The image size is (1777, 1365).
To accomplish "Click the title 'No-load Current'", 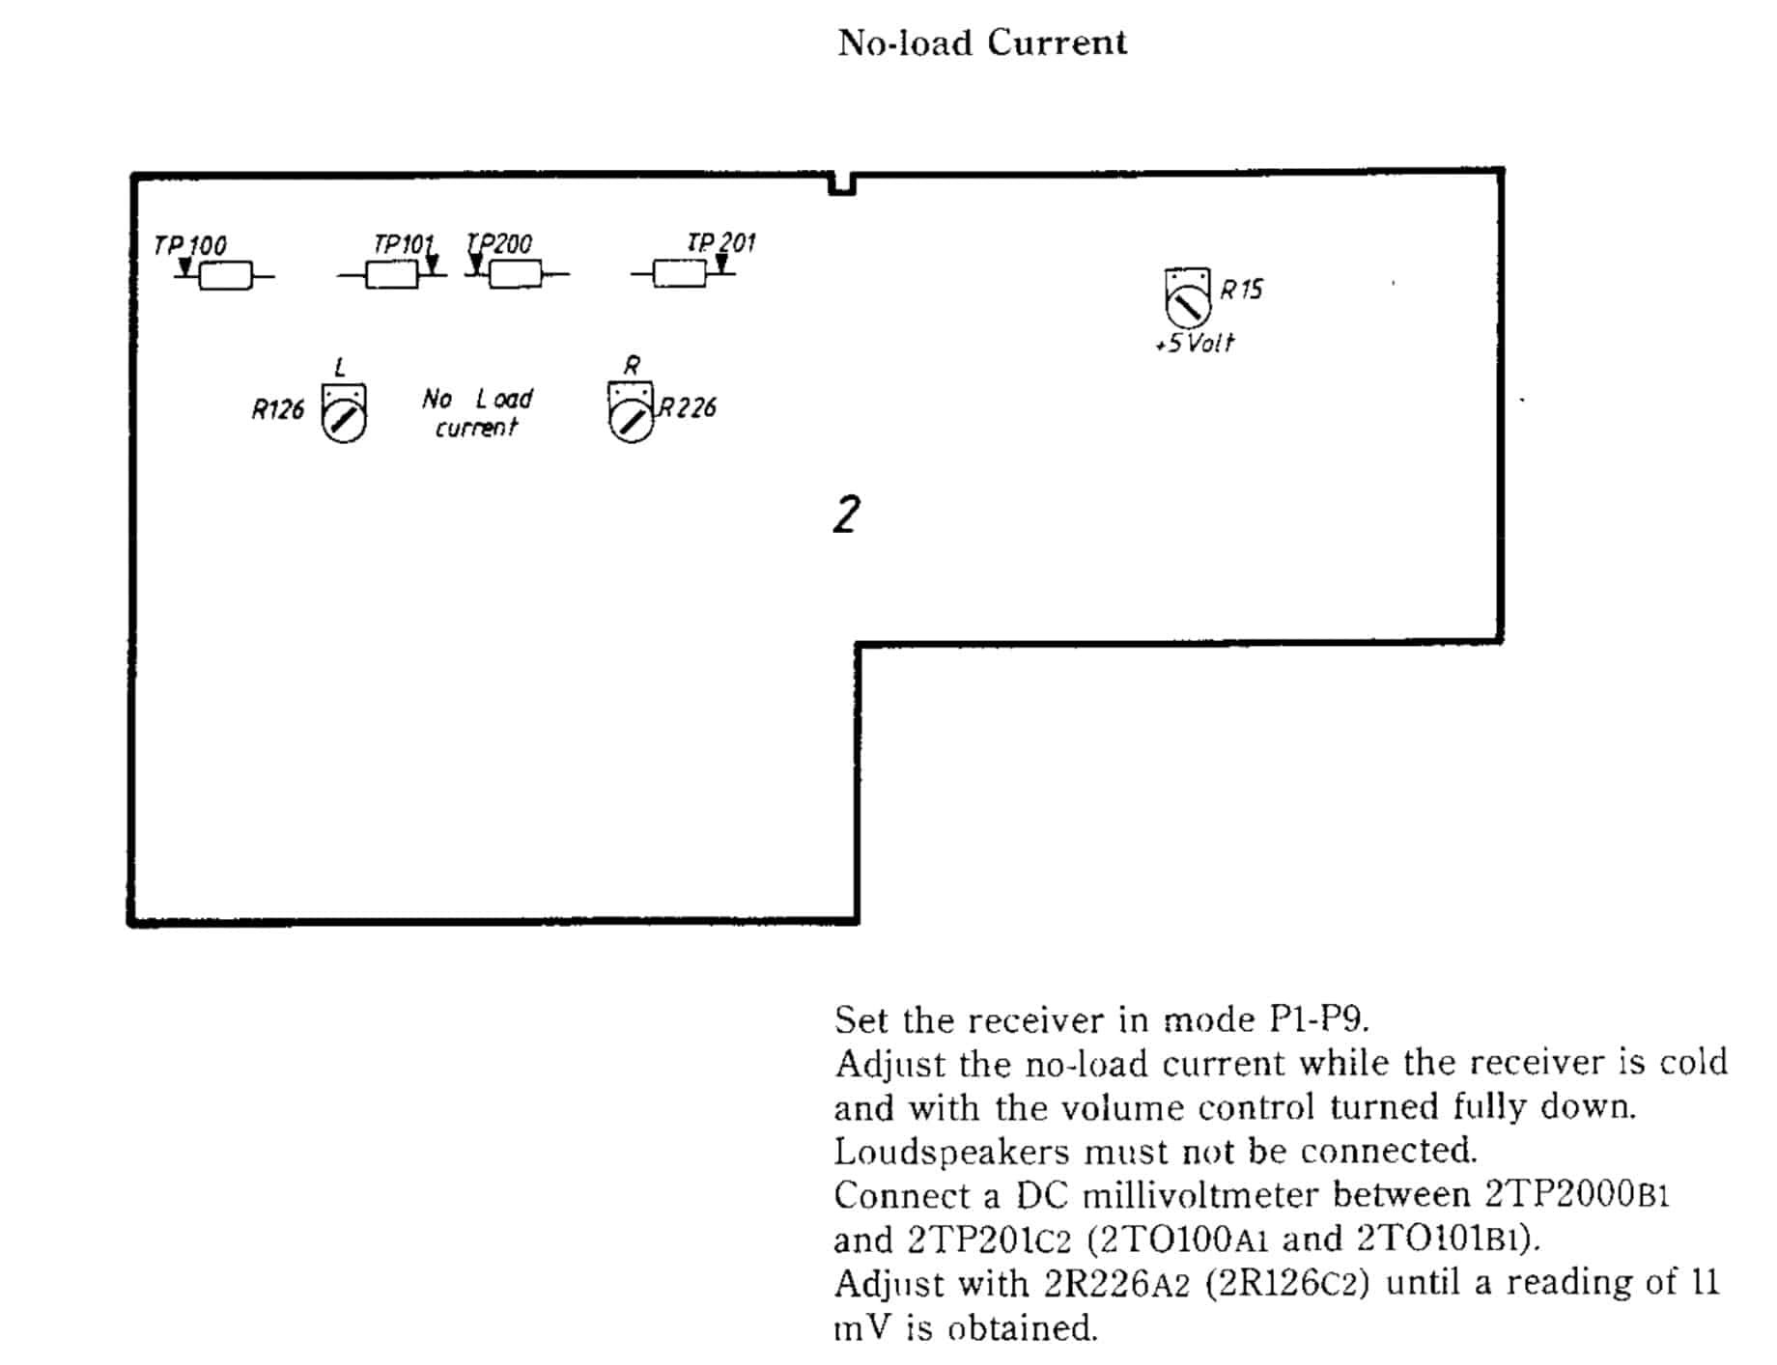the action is (982, 42).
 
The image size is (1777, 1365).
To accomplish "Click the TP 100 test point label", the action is (190, 245).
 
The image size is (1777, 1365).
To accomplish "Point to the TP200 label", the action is (499, 243).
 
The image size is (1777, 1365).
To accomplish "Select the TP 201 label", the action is (720, 241).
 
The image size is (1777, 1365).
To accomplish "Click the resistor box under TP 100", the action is (225, 276).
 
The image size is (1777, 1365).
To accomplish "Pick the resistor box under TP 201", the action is (679, 274).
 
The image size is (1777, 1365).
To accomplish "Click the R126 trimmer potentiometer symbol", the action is (344, 413).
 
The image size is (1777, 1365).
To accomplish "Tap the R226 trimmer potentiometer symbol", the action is (631, 412).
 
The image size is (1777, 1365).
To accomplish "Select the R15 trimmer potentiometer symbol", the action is (1188, 297).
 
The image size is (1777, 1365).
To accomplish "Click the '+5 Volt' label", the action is (1195, 343).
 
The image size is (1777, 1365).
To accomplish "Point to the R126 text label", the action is (278, 410).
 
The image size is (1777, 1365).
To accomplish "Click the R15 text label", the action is (1241, 290).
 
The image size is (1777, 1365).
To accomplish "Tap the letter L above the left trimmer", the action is (340, 368).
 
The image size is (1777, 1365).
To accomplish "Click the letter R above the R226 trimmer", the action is (632, 366).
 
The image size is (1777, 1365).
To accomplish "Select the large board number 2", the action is (846, 515).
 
